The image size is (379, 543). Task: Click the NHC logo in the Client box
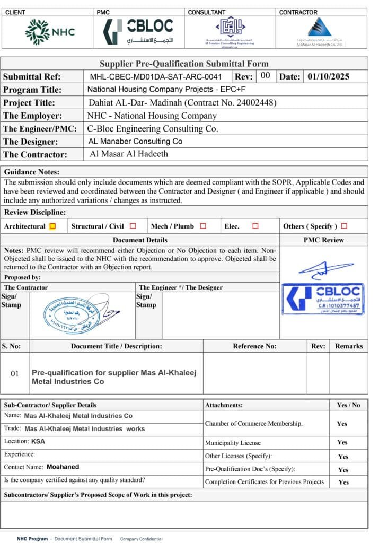pyautogui.click(x=46, y=31)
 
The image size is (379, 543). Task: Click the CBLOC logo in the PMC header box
pyautogui.click(x=138, y=31)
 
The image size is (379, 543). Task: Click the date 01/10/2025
pyautogui.click(x=329, y=77)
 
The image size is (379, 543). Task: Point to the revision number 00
pyautogui.click(x=265, y=76)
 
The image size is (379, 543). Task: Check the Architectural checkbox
pyautogui.click(x=52, y=226)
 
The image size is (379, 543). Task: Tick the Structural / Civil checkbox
pyautogui.click(x=133, y=226)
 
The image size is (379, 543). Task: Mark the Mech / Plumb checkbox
pyautogui.click(x=202, y=226)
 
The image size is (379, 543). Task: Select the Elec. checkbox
pyautogui.click(x=255, y=226)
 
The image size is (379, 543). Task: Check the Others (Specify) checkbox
pyautogui.click(x=344, y=226)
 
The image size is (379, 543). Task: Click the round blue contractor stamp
pyautogui.click(x=72, y=315)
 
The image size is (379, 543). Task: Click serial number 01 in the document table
pyautogui.click(x=15, y=373)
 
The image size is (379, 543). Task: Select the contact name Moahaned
pyautogui.click(x=63, y=467)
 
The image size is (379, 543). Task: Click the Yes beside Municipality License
pyautogui.click(x=343, y=443)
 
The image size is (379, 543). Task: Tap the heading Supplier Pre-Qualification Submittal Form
pyautogui.click(x=184, y=64)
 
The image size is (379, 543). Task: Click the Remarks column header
pyautogui.click(x=348, y=346)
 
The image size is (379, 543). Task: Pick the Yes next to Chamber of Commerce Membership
pyautogui.click(x=342, y=424)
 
